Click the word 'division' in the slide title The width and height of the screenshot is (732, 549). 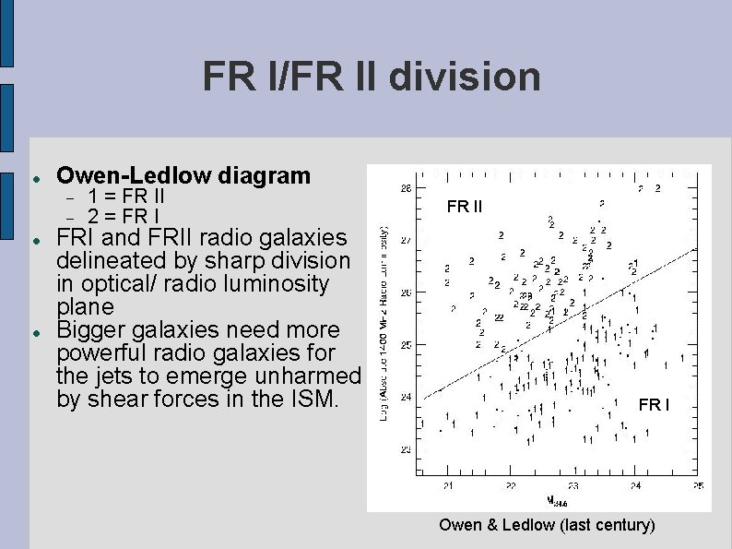point(465,77)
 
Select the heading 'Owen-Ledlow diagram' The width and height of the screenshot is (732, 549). point(183,175)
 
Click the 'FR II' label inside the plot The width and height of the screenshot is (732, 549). point(465,207)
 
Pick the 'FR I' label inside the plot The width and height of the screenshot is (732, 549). point(655,405)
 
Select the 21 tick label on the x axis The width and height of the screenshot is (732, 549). point(447,485)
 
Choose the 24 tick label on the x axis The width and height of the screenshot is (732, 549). point(635,485)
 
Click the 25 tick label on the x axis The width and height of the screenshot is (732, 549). point(698,485)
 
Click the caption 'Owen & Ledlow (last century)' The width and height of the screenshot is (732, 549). point(547,525)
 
